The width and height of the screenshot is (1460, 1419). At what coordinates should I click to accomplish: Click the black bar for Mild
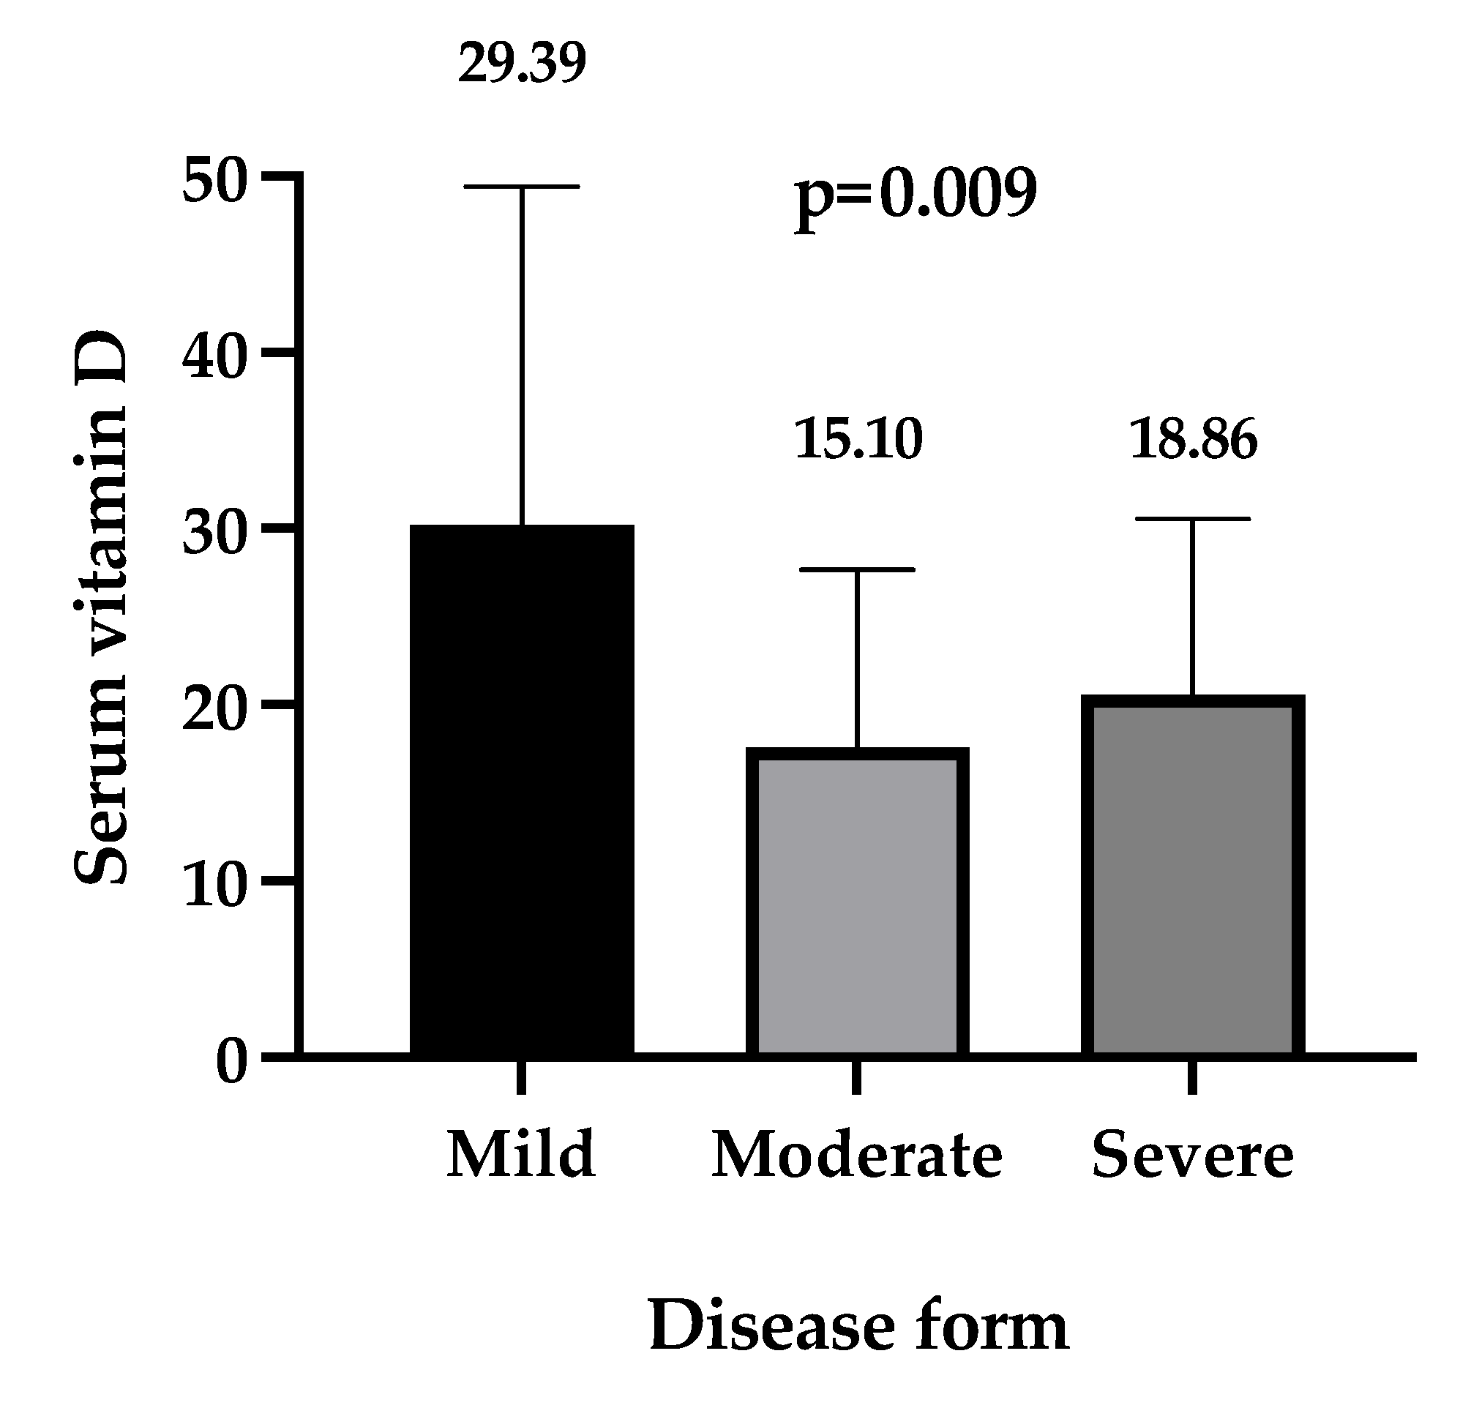[522, 790]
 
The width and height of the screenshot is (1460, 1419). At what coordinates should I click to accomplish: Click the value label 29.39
[522, 64]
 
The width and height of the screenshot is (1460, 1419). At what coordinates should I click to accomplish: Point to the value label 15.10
[858, 439]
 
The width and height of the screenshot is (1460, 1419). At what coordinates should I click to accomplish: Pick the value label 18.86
[1193, 439]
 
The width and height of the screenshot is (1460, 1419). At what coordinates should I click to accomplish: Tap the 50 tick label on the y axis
[214, 181]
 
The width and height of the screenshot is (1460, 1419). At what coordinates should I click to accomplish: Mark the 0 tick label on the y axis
[231, 1062]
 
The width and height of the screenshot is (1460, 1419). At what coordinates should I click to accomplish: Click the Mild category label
[521, 1154]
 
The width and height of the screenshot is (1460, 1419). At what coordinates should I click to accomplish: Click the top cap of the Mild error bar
[522, 187]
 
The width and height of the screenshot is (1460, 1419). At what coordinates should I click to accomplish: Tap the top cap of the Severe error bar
[1192, 519]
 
